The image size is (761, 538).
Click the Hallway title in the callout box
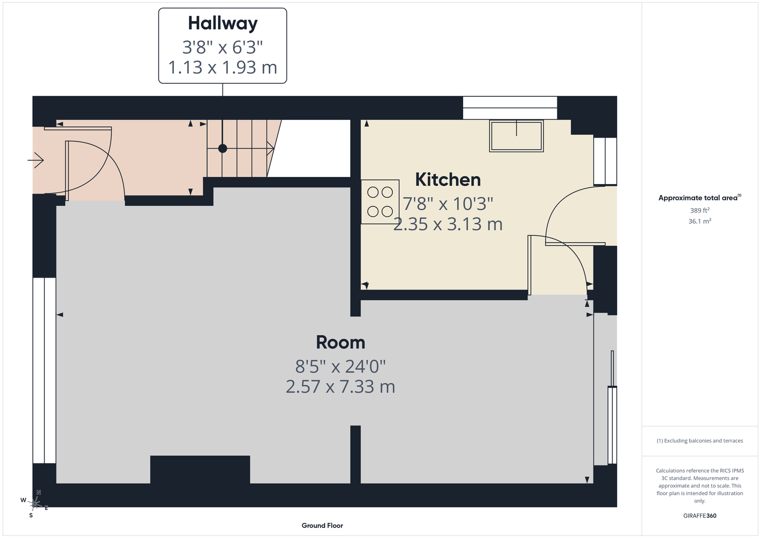coord(222,24)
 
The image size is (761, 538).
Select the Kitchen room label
coord(448,180)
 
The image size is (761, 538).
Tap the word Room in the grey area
coord(340,342)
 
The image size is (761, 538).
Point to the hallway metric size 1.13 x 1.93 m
coord(222,67)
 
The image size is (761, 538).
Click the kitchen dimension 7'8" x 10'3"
coord(448,204)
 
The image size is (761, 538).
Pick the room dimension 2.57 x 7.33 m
coord(340,387)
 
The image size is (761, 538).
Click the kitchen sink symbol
coord(516,136)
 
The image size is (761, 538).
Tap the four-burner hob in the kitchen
coord(380,202)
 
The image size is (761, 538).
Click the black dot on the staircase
coord(222,148)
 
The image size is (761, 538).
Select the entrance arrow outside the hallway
coord(36,160)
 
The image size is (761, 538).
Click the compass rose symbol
coord(34,504)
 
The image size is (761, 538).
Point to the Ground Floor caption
coord(322,526)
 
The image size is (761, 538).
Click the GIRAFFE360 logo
coord(700,515)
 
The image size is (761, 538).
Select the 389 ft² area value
coord(700,210)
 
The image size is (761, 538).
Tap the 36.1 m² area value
coord(700,221)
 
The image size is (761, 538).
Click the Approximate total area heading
coord(700,197)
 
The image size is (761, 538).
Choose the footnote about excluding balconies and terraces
coord(700,441)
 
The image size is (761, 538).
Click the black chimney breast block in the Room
coord(200,470)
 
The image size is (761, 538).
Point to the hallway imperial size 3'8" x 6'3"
coord(222,47)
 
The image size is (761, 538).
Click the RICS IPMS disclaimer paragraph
coord(700,485)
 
